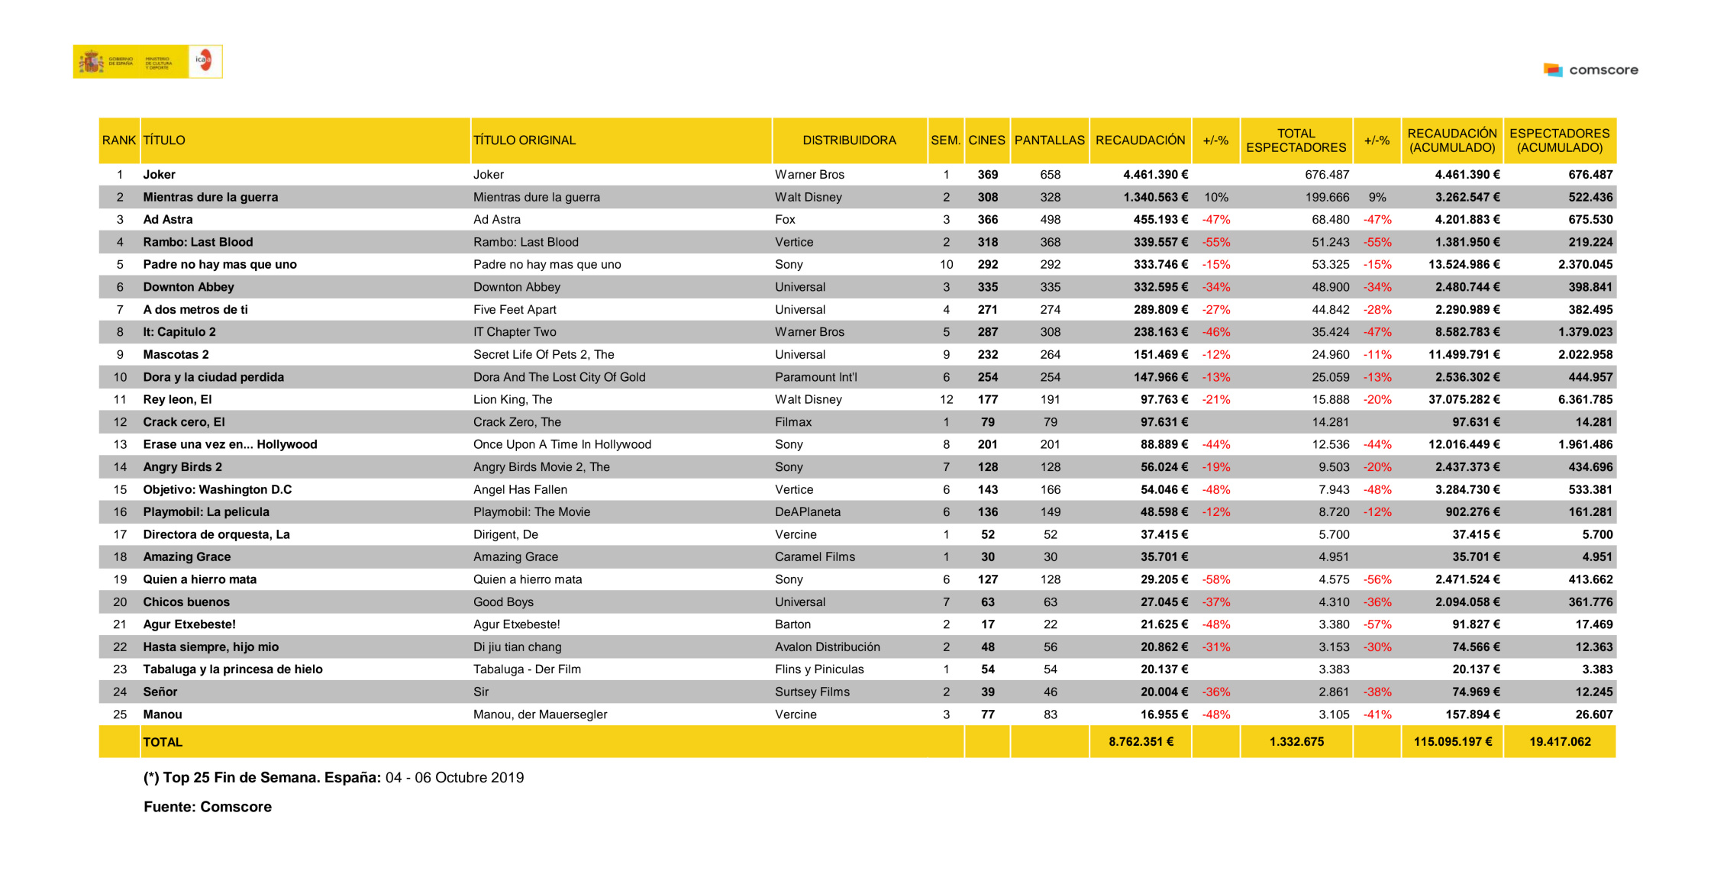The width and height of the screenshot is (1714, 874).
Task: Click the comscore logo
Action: [x=1591, y=70]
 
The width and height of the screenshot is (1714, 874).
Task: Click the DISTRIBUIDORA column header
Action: [x=849, y=140]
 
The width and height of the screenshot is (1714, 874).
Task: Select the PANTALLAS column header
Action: [x=1049, y=140]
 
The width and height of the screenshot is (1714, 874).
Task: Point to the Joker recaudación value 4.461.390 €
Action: [x=1155, y=175]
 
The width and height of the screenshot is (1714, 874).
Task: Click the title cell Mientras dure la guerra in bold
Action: [x=211, y=197]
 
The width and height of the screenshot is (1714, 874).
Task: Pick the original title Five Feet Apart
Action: [x=515, y=310]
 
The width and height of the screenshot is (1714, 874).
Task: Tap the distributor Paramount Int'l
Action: [x=815, y=377]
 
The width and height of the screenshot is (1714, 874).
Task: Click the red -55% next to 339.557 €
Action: [x=1216, y=242]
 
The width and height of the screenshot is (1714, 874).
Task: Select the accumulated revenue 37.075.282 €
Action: [x=1464, y=400]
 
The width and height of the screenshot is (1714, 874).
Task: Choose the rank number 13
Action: [x=120, y=444]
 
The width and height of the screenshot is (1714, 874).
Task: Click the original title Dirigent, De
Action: [x=505, y=534]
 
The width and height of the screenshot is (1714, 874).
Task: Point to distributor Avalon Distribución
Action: [x=827, y=647]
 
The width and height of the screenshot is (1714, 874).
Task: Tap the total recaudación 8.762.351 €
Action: [x=1141, y=742]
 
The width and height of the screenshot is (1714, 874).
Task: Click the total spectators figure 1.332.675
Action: [x=1296, y=742]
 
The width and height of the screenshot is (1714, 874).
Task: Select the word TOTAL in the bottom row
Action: [x=163, y=742]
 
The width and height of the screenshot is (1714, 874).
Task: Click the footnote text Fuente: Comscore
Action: [x=208, y=807]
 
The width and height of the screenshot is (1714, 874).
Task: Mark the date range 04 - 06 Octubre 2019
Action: [x=454, y=778]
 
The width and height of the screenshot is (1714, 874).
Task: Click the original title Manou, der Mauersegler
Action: [x=540, y=714]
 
